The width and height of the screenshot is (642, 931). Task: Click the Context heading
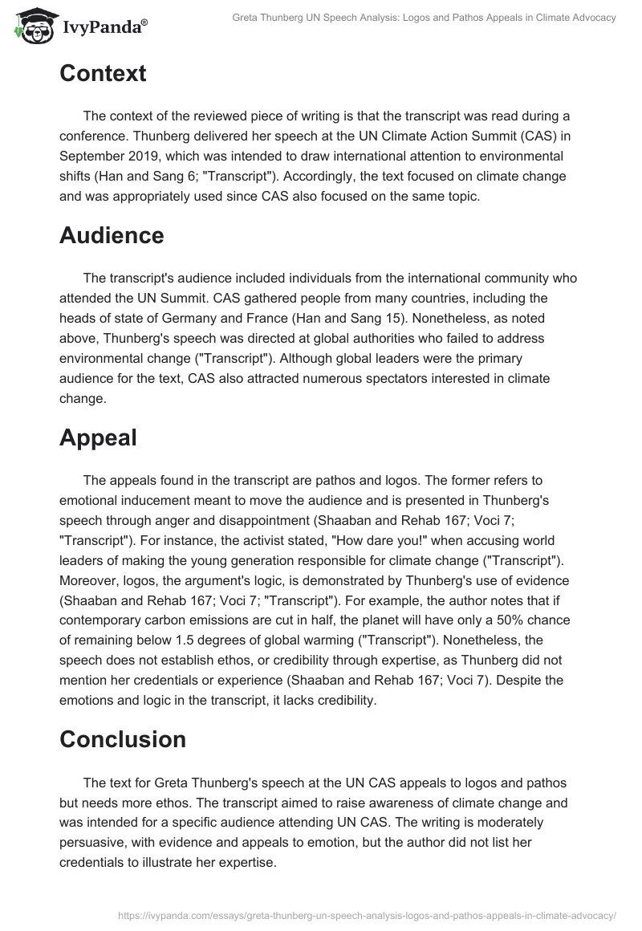103,74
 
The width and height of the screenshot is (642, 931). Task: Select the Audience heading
112,235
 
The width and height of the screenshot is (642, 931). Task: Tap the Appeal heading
98,437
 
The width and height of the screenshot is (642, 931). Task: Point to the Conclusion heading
123,739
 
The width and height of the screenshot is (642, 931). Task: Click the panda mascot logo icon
30,26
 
